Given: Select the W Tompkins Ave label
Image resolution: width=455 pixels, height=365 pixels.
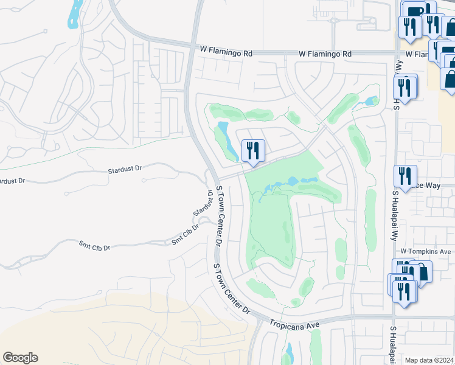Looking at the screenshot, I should [x=425, y=251].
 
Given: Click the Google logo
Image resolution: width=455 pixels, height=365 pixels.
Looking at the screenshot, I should [x=20, y=358].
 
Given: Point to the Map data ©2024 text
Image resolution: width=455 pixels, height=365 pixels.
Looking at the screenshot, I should [x=429, y=360].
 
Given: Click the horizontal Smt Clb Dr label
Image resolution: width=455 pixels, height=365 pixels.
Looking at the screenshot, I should [x=94, y=247].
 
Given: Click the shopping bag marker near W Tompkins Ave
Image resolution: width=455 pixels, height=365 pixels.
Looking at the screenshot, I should [x=420, y=271].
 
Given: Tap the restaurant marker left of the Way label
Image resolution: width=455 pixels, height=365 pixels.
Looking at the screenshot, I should [x=405, y=176].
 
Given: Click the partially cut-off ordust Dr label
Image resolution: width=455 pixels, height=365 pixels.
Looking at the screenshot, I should [x=13, y=181].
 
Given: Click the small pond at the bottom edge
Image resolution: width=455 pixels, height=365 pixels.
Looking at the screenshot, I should [x=289, y=353].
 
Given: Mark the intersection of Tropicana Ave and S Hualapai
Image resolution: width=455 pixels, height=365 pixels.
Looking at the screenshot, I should [x=394, y=318].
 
